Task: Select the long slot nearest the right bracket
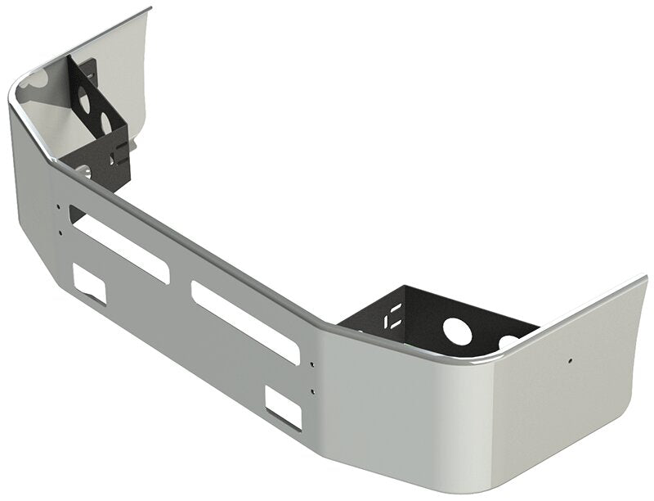(244, 322)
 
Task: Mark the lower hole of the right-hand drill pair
(312, 391)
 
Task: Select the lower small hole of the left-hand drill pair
(60, 232)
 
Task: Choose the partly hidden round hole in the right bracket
(508, 339)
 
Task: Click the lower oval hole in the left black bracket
(105, 122)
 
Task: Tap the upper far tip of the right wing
(644, 278)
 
